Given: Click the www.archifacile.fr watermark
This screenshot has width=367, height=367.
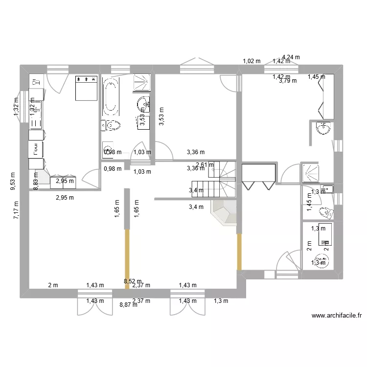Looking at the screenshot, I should coord(336,316).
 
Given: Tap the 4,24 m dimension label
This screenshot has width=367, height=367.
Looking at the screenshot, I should coord(291,57).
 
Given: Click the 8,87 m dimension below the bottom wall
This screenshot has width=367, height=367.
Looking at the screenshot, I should coord(128,304).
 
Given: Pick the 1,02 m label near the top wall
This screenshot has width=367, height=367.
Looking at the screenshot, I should coord(252,61).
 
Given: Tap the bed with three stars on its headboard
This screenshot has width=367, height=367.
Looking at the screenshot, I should coord(87,88).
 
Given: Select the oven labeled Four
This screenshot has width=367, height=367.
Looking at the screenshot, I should coord(36,150).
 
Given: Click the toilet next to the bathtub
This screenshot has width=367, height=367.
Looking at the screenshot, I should coord(111,126).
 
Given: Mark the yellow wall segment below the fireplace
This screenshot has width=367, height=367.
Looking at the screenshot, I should coord(239,252).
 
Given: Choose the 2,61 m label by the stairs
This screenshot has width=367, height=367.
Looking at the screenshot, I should coord(205,165).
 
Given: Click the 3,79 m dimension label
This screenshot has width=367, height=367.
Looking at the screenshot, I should coord(288,81).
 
